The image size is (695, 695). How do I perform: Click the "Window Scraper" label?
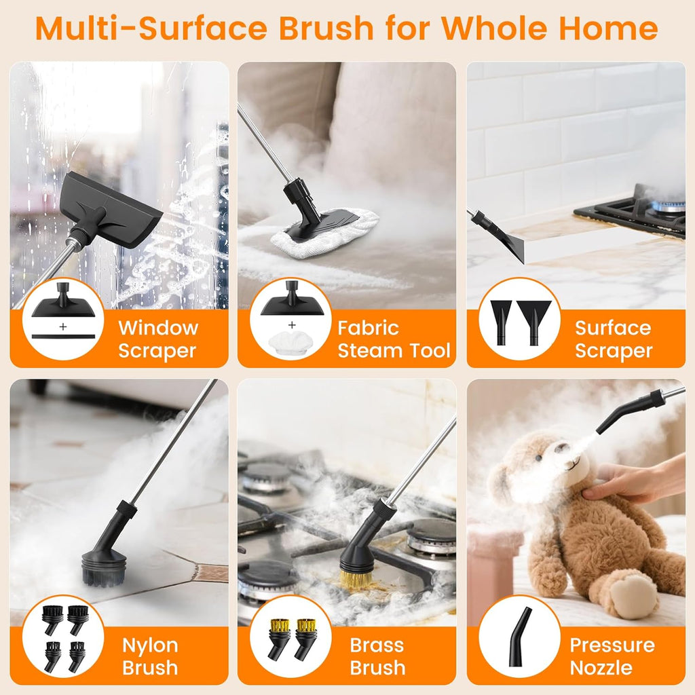tap(158, 339)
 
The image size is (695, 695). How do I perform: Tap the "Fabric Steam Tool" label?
tap(394, 339)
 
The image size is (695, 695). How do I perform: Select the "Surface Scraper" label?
tap(614, 339)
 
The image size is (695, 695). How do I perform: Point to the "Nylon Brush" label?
tap(150, 656)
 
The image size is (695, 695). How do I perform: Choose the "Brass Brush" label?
tap(377, 656)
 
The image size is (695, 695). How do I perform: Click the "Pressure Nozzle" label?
tap(612, 656)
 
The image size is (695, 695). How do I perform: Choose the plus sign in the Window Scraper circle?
tap(63, 326)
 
